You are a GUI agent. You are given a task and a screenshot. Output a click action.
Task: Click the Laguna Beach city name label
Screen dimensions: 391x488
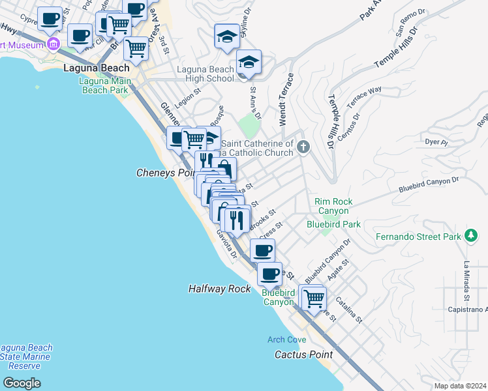coord(97,67)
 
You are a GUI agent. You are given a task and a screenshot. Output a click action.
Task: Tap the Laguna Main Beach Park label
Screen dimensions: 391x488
coord(104,85)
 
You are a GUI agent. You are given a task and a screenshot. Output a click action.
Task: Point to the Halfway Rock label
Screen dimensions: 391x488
coord(220,288)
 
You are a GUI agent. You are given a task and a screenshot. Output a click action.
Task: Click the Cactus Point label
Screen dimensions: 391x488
coord(303,355)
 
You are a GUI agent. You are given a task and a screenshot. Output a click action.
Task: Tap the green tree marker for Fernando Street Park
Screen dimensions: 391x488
coord(471,236)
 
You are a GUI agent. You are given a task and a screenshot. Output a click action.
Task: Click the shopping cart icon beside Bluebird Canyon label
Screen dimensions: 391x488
coord(314,298)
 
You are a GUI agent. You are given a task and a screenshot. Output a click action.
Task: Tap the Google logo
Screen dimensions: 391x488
coord(22,383)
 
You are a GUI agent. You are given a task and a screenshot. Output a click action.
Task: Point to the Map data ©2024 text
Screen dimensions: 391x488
coord(459,386)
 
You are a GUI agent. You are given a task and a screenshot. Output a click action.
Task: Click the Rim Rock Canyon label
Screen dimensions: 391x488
coord(333,206)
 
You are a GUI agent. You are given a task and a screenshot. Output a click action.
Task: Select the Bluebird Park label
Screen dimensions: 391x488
coord(333,224)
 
